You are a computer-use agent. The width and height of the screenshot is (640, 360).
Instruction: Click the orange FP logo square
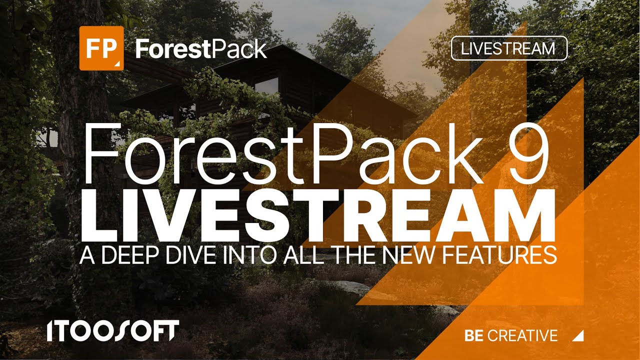[101, 48]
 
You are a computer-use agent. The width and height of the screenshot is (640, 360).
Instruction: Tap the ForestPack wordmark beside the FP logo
[201, 49]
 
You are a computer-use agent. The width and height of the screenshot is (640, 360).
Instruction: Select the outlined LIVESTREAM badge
[509, 48]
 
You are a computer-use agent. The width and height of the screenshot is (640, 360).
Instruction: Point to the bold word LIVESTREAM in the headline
[318, 215]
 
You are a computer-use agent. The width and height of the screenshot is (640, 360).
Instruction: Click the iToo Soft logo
[113, 330]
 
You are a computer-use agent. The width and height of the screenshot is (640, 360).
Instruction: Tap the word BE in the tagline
[474, 335]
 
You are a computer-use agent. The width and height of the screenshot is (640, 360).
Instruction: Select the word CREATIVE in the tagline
[522, 335]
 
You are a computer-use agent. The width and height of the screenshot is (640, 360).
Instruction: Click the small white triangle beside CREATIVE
[579, 337]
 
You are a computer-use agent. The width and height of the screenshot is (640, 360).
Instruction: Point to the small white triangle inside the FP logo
[117, 64]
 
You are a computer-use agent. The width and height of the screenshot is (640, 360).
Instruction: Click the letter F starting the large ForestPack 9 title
[100, 153]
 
